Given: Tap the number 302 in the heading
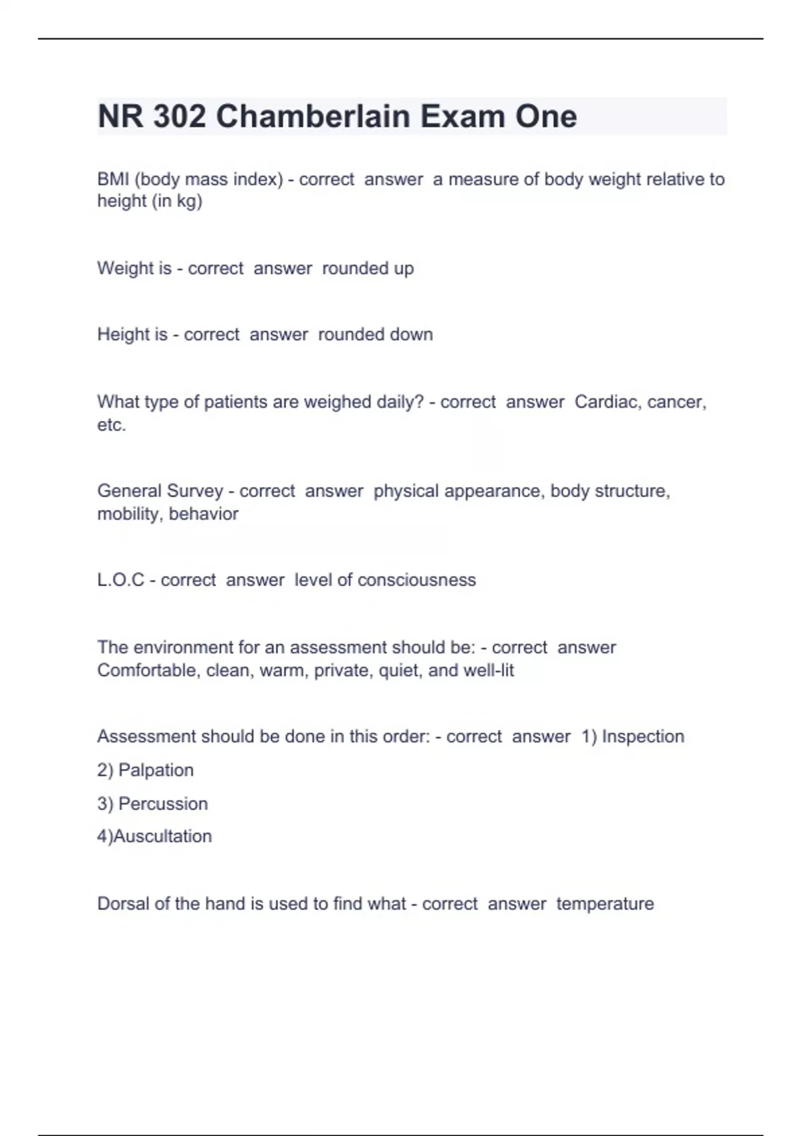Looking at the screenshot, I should click(178, 116).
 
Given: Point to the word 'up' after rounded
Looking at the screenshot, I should click(404, 268).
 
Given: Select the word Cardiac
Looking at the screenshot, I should click(606, 402).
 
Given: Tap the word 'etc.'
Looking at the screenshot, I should click(112, 424).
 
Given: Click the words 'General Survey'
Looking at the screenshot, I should click(160, 490).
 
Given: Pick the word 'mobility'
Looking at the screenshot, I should click(130, 513).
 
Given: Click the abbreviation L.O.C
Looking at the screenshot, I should click(120, 579).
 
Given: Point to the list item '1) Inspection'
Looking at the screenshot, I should click(632, 736).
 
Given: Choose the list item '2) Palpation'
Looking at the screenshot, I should click(145, 770).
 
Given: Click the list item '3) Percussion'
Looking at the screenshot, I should click(152, 803).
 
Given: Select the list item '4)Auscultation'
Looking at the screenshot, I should click(154, 836).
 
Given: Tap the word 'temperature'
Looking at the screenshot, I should click(605, 903).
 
